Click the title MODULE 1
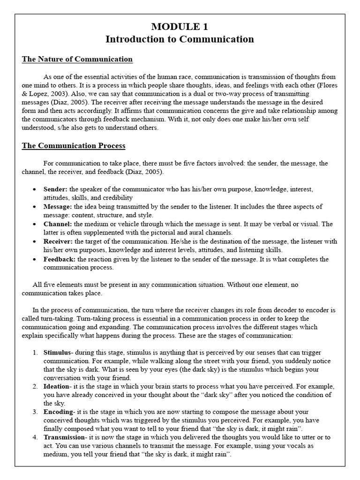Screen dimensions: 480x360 coord(180,27)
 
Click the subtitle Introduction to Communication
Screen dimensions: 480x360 coord(180,39)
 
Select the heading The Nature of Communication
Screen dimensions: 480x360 coord(77,59)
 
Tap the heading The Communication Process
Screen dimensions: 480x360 coord(74,146)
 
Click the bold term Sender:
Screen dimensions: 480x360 coord(56,189)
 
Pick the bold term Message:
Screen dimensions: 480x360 coord(58,207)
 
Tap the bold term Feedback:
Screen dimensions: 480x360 coord(60,259)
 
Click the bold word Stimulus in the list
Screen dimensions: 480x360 coord(58,352)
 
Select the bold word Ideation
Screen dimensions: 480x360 coord(57,386)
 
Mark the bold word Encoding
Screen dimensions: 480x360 coord(58,412)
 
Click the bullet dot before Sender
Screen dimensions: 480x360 coord(36,190)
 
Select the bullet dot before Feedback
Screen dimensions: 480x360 coord(36,260)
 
